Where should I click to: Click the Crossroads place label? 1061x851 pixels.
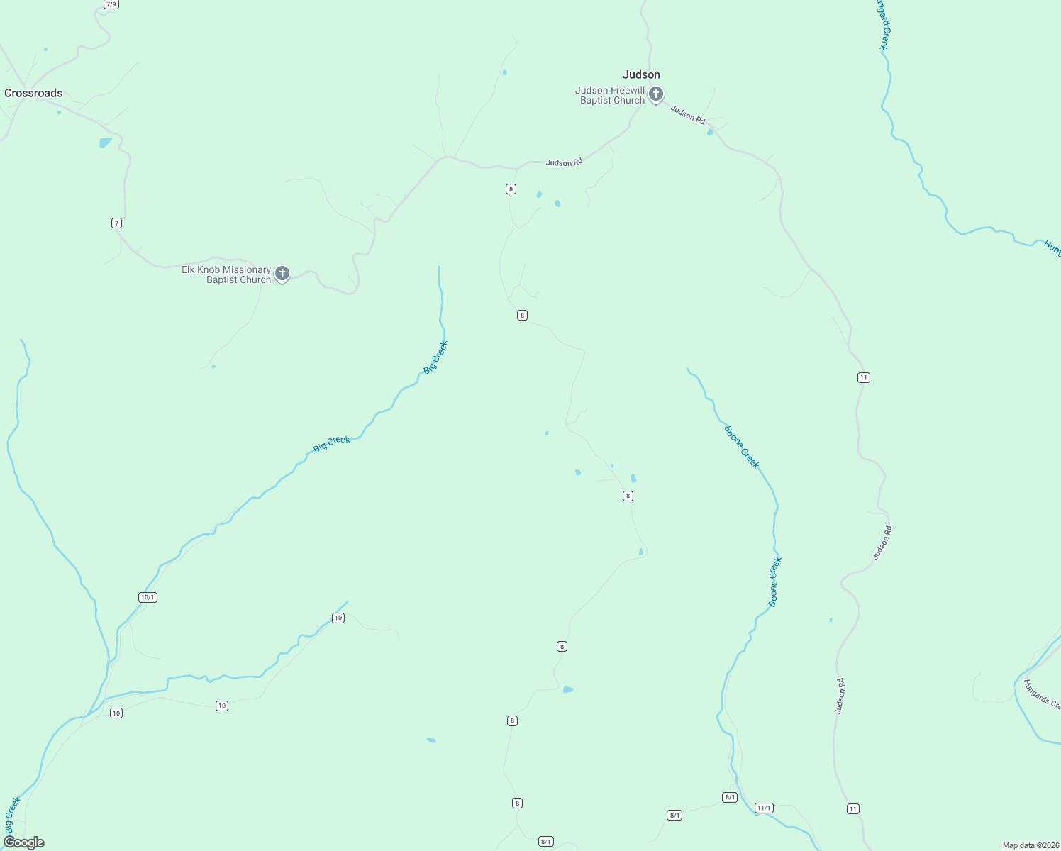click(33, 93)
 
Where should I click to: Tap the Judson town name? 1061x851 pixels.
click(641, 74)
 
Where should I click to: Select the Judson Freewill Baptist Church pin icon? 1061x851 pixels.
click(656, 94)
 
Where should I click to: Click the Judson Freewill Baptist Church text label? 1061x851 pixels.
click(610, 95)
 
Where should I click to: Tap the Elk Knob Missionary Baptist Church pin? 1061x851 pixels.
click(282, 273)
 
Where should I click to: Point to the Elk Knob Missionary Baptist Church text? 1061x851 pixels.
click(226, 274)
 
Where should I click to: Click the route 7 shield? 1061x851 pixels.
click(116, 223)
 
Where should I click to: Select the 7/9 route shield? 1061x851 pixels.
click(111, 4)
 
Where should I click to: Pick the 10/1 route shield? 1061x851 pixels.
click(148, 597)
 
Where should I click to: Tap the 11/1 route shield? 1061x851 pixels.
click(764, 808)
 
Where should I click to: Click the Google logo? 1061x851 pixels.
click(23, 842)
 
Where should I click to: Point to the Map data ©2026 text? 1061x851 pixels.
click(1030, 845)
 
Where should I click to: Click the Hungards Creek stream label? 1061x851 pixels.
click(1041, 694)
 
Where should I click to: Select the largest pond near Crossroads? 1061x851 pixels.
click(106, 143)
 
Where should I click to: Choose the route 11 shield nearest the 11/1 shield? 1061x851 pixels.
click(852, 808)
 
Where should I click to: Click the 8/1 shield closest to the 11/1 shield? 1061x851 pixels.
click(730, 797)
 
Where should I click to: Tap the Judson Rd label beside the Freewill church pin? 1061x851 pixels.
click(687, 114)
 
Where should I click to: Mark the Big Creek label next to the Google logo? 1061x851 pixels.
click(12, 816)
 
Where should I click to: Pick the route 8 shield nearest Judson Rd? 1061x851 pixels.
click(511, 189)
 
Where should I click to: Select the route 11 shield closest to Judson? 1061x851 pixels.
click(863, 377)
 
